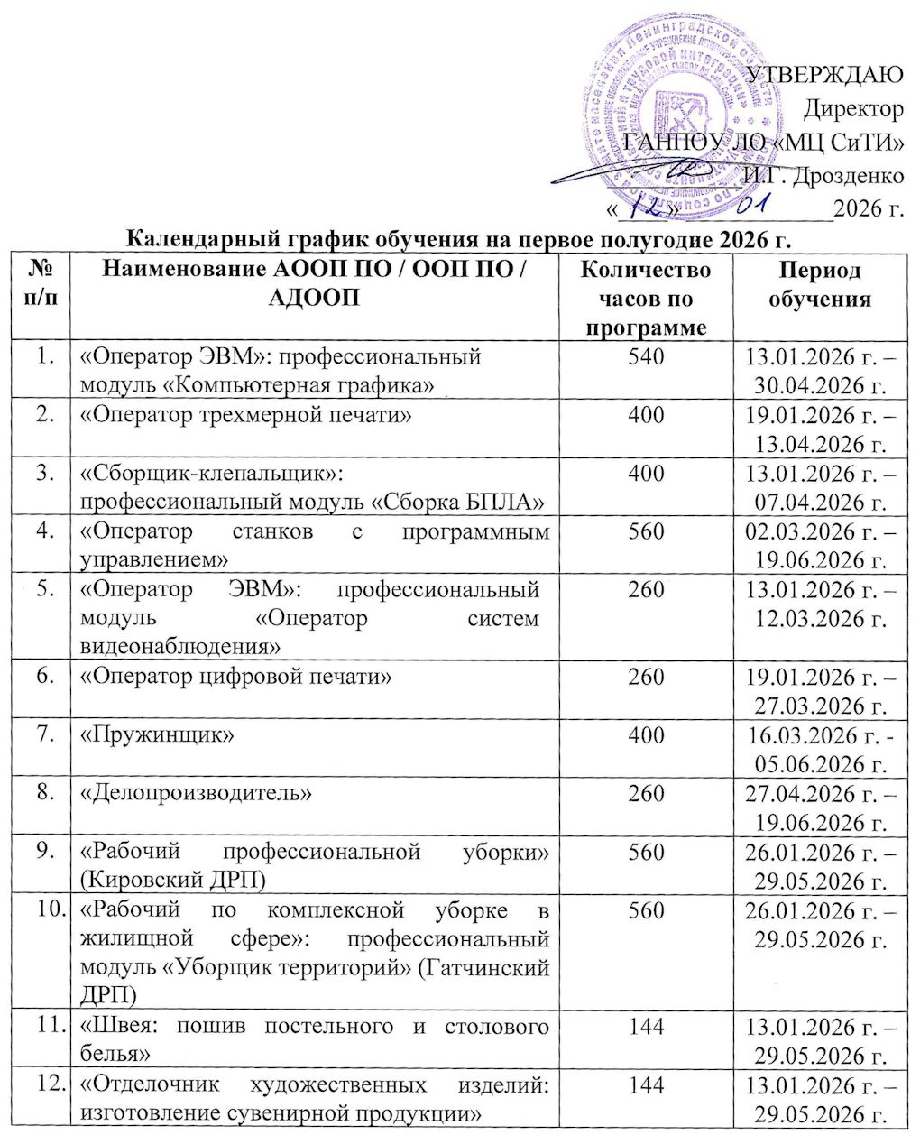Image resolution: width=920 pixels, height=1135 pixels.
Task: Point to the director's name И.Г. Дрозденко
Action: (822, 175)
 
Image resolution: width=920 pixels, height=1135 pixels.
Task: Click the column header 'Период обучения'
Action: (820, 284)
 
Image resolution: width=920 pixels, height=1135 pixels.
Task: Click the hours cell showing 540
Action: (645, 356)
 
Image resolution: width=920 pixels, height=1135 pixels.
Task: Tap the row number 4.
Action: (39, 531)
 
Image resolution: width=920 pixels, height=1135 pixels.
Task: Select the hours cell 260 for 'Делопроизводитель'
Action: (645, 793)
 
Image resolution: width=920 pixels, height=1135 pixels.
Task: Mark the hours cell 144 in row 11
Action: (645, 1026)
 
